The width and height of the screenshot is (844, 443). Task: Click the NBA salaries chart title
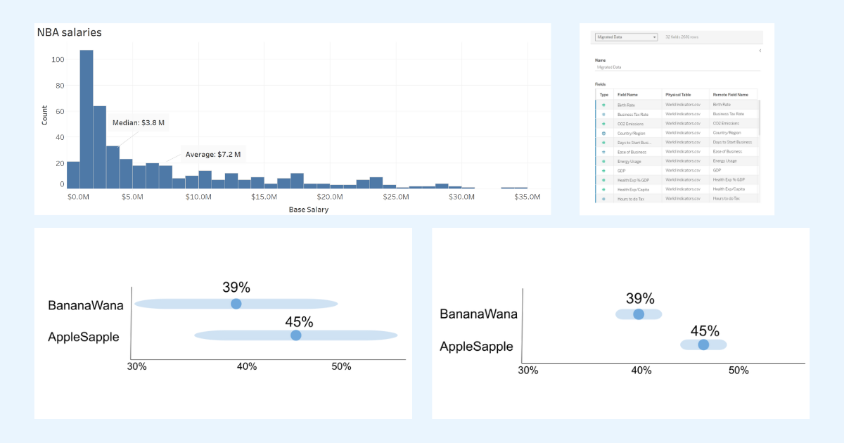click(69, 32)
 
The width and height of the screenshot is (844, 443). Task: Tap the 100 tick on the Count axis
click(58, 60)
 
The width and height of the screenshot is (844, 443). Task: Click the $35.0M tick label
click(527, 197)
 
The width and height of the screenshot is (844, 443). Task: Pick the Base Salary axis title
click(308, 210)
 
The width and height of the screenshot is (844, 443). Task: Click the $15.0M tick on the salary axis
click(264, 197)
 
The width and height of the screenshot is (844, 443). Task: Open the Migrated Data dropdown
click(626, 37)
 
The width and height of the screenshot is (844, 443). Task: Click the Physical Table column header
click(679, 94)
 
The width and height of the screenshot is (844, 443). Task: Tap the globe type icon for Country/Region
click(603, 133)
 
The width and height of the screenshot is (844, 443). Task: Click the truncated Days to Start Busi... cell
click(634, 142)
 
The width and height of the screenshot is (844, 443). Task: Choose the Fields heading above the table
click(601, 84)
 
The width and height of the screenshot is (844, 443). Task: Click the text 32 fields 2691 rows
click(682, 37)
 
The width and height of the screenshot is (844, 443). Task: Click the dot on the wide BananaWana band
click(236, 304)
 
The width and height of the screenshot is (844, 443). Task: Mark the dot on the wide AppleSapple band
click(296, 335)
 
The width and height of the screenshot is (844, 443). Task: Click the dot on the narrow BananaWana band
click(639, 314)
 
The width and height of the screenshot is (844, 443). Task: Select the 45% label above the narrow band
click(704, 330)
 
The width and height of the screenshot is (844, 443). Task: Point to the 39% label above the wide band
click(236, 287)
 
